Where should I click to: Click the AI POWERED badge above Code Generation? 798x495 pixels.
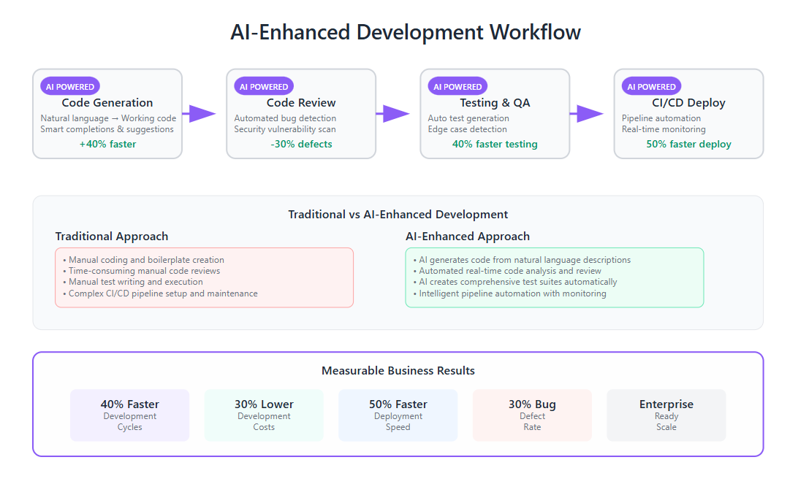[x=70, y=86]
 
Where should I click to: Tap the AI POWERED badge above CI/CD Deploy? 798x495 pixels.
[x=651, y=86]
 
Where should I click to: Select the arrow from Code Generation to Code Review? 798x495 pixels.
[x=199, y=113]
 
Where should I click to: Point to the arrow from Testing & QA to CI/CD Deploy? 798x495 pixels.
[x=587, y=113]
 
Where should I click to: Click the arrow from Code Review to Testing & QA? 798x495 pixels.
[x=393, y=113]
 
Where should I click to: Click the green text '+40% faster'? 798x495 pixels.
[x=108, y=145]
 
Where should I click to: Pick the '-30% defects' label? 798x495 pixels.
[x=301, y=145]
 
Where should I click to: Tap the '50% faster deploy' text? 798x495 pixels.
[x=688, y=145]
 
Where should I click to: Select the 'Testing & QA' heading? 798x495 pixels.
[x=495, y=103]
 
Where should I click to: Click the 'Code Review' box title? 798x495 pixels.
[x=301, y=103]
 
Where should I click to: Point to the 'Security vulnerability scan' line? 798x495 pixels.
[x=285, y=129]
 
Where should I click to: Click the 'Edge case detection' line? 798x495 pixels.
[x=467, y=129]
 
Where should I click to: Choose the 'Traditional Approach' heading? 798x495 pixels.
[x=112, y=237]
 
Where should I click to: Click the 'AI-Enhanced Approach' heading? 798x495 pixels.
[x=468, y=237]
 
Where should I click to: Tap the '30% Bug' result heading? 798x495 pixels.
[x=532, y=404]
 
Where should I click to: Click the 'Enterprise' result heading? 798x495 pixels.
[x=666, y=404]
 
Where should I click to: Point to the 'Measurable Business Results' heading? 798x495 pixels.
[x=398, y=370]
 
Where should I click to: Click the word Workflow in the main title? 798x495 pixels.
[x=535, y=32]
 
